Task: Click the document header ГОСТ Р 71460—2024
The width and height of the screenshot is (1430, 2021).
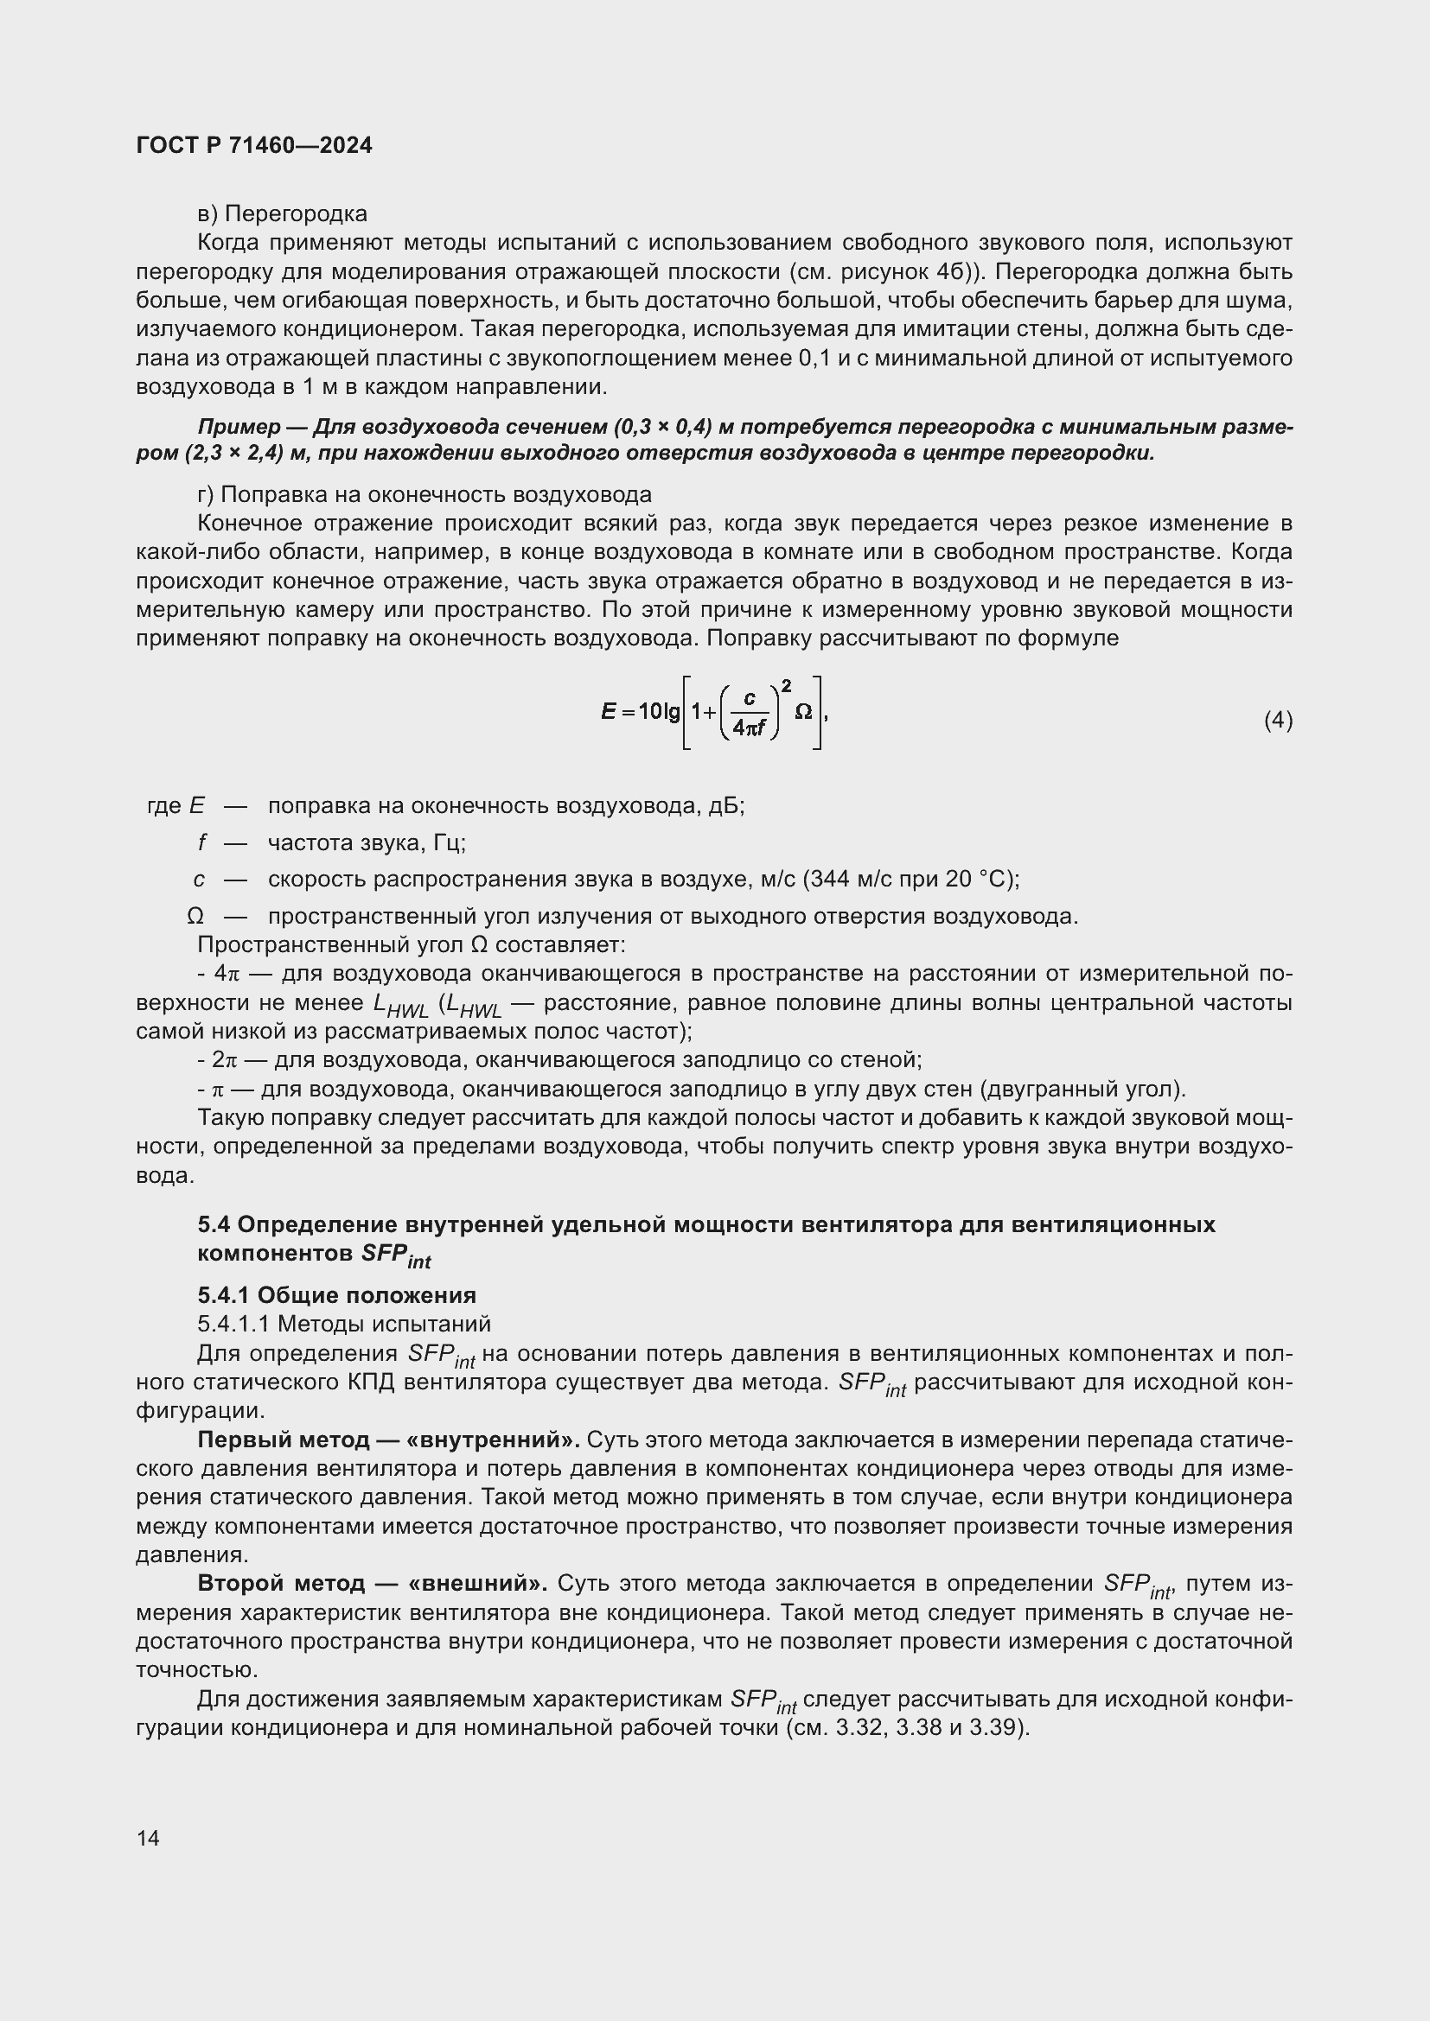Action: (254, 145)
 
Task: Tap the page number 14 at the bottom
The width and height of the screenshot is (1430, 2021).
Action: (148, 1837)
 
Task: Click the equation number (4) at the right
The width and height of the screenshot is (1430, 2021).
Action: (1278, 721)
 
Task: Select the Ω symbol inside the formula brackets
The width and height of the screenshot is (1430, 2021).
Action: (803, 711)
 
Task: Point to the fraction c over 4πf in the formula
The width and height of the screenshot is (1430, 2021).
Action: (750, 713)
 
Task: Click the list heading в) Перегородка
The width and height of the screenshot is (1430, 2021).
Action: (282, 214)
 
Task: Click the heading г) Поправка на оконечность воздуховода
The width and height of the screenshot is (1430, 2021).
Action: (425, 495)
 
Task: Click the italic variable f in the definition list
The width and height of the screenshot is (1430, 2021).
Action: (201, 843)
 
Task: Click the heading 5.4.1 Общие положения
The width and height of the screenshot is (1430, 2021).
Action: (336, 1295)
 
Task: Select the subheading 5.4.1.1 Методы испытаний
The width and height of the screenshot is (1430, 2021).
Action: (343, 1324)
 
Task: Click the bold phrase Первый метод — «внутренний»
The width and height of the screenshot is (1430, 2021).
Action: (388, 1440)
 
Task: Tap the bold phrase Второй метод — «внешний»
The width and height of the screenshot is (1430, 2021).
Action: (373, 1584)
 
